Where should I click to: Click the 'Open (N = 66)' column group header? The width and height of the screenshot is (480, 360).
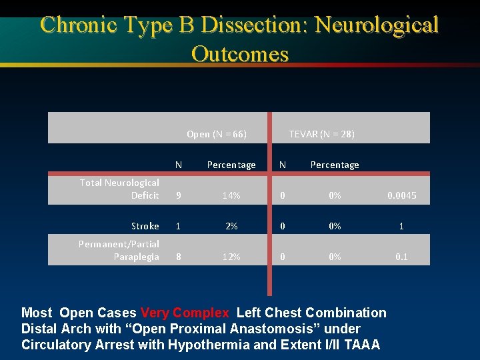[217, 134]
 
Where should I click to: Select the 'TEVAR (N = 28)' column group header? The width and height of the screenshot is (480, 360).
[321, 134]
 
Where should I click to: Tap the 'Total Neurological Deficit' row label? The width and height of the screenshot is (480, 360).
[119, 189]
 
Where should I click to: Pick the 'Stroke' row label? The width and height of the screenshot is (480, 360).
[145, 226]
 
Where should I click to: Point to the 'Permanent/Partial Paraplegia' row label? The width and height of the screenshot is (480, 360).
[119, 250]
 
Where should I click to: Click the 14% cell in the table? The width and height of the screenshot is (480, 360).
[231, 195]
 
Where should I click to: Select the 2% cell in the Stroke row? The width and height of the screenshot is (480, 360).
[231, 226]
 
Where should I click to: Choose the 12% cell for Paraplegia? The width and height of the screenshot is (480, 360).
[231, 257]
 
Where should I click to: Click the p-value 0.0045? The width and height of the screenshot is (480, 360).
[401, 195]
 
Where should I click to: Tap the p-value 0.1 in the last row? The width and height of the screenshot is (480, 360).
[401, 257]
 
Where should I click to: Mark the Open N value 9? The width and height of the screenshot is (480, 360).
[178, 195]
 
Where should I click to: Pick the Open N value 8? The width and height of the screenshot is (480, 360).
[178, 257]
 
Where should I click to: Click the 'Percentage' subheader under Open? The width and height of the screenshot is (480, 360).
[231, 165]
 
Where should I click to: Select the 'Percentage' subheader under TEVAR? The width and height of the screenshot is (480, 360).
[335, 165]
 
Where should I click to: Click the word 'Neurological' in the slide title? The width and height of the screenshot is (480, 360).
[377, 25]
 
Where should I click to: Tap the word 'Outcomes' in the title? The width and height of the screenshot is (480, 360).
[239, 53]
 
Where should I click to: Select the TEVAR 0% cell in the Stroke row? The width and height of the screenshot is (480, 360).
[335, 226]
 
